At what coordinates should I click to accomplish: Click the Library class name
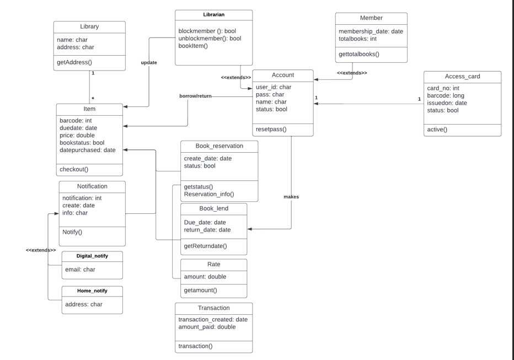coord(89,26)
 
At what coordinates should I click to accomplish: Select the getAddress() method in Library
coord(74,62)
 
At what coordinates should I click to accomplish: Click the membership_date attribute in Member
coord(371,31)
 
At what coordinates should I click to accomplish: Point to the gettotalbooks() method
coord(359,54)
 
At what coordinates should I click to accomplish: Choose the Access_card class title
coord(462,77)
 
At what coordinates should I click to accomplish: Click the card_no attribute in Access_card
coord(443,88)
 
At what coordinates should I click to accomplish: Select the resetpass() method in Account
coord(271,130)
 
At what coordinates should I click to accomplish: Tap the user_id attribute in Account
coord(274,87)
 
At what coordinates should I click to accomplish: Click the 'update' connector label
coord(149,63)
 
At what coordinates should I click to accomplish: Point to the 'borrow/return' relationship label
coord(195,96)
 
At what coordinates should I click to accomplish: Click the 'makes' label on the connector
coord(291,197)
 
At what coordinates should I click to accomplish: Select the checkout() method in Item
coord(74,169)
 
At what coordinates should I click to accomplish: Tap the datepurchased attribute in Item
coord(88,150)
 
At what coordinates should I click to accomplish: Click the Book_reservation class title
coord(219,146)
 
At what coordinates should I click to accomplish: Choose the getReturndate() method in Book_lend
coord(205,246)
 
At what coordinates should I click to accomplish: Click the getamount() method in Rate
coord(200,290)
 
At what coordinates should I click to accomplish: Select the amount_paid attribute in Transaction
coord(207,327)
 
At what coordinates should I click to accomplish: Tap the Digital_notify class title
coord(92,256)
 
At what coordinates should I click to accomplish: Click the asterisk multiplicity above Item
coord(93,99)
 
